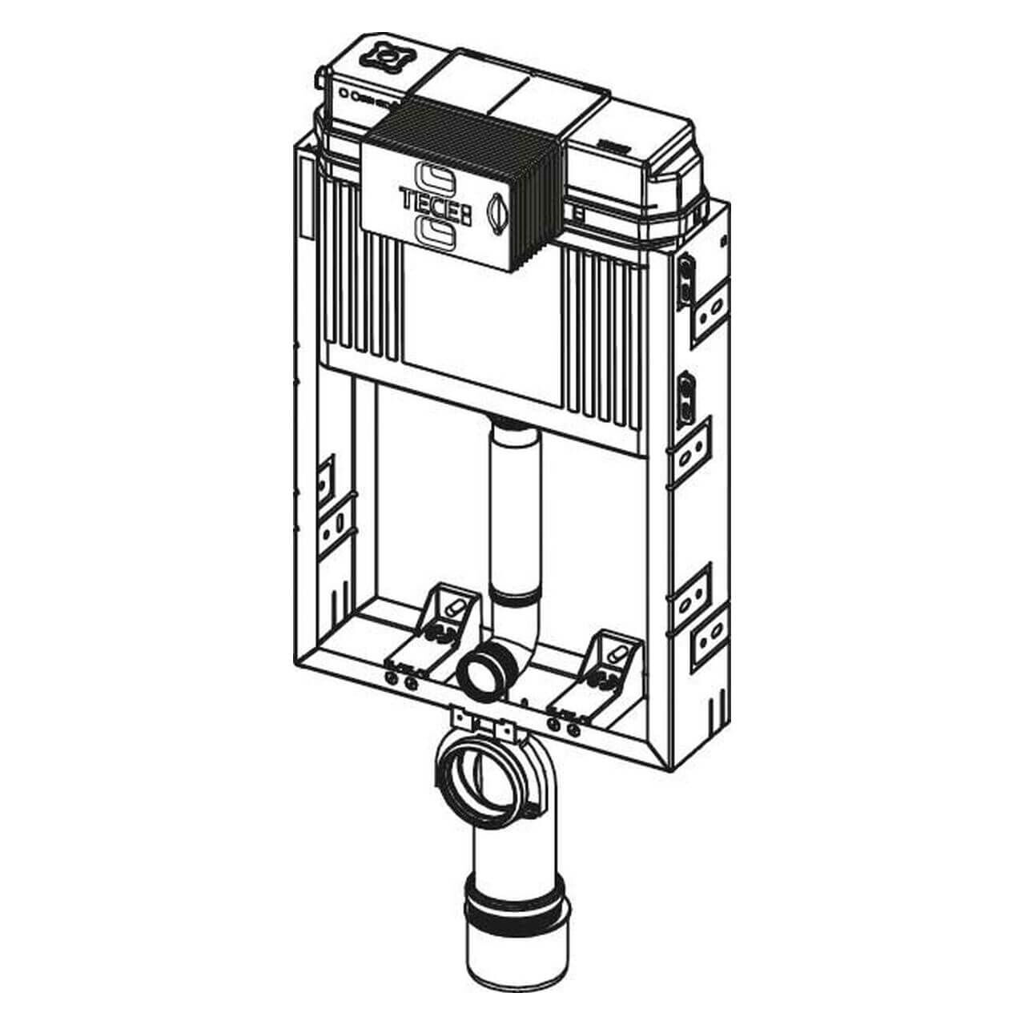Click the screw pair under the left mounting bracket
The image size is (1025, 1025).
click(400, 681)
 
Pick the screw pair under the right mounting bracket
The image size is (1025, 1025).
click(562, 726)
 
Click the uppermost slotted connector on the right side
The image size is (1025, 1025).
click(687, 276)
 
